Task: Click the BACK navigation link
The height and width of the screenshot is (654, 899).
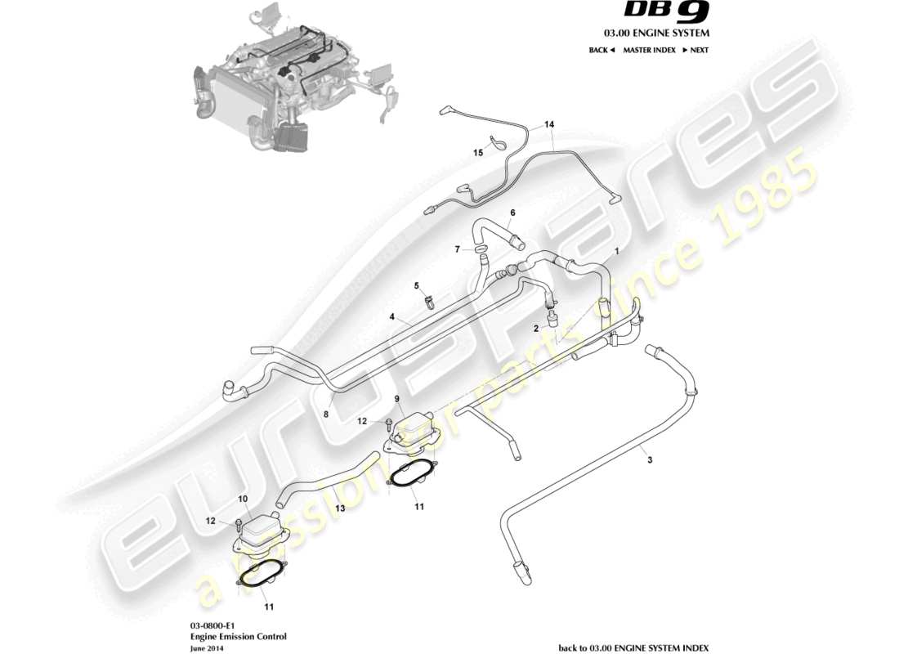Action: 601,50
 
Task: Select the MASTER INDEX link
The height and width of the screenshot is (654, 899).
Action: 649,50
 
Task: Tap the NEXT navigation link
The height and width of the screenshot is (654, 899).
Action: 695,50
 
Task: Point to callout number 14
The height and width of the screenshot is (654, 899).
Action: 549,125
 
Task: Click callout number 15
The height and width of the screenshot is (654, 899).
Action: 479,153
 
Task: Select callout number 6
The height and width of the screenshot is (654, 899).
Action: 512,213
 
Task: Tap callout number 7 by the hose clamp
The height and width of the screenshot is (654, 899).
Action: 458,249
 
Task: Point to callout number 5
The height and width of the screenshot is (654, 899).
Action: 416,285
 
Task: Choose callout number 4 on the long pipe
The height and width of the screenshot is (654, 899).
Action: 392,316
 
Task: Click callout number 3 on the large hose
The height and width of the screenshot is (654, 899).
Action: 650,460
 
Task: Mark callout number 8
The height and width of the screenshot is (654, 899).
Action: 325,414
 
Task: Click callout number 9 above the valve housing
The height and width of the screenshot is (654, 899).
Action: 397,399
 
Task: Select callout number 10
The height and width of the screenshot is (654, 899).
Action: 243,498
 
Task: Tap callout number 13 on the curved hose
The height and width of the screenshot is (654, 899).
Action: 339,508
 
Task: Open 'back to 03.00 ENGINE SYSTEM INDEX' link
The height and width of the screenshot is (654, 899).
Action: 633,647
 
